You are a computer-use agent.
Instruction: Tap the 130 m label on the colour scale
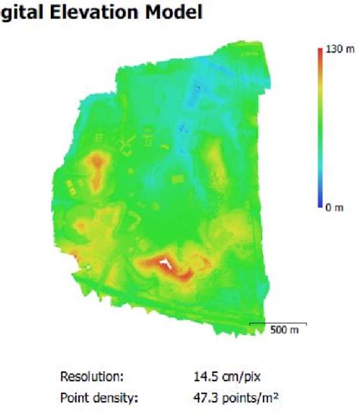(335, 48)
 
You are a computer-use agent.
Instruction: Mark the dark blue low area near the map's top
(198, 91)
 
